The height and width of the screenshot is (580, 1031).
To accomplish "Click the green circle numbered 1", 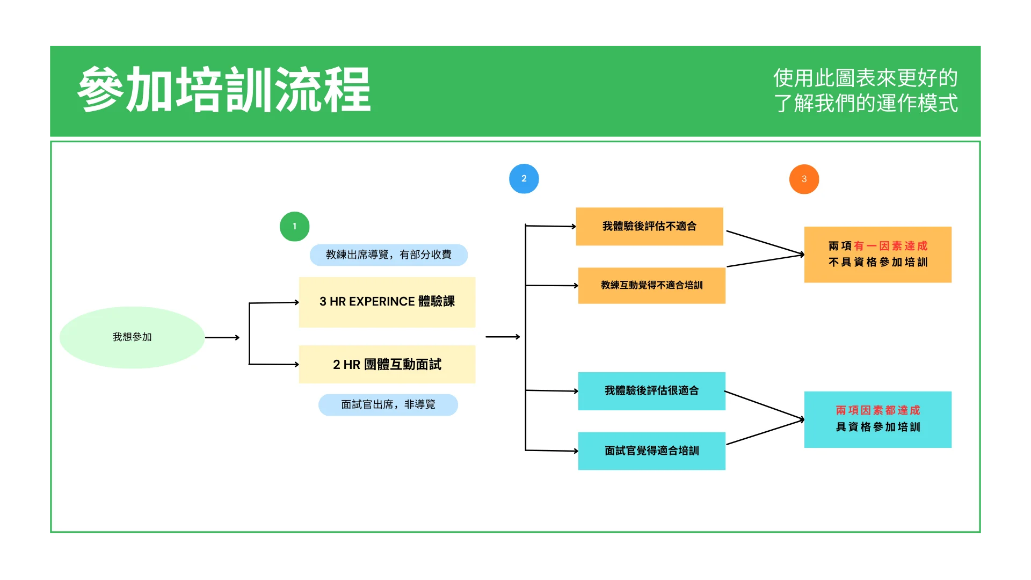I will (x=294, y=227).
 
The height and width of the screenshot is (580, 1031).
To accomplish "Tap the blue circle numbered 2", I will (x=524, y=179).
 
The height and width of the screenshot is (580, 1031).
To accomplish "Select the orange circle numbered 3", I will (x=804, y=179).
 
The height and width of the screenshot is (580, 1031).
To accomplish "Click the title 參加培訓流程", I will (x=224, y=90).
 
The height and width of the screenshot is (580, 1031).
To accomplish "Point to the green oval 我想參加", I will (x=132, y=337).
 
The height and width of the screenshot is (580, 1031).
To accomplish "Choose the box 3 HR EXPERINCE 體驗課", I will (x=387, y=302).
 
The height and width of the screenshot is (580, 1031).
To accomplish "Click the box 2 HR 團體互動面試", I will (x=387, y=365).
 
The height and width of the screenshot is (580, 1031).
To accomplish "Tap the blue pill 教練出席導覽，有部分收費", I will (x=388, y=255).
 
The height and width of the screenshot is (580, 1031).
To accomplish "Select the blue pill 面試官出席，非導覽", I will (x=388, y=405).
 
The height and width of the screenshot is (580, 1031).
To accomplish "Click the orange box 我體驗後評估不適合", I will (x=649, y=227).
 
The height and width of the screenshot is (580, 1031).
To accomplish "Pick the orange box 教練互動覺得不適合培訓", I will (x=651, y=286).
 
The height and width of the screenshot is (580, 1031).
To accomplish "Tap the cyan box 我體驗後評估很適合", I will (x=651, y=391).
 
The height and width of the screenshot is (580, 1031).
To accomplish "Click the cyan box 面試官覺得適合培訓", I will (x=651, y=451).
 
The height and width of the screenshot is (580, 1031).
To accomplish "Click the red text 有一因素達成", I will (x=890, y=246).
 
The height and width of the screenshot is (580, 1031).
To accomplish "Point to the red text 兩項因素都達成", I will (x=877, y=410).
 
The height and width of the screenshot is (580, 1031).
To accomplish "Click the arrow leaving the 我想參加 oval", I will (x=222, y=338).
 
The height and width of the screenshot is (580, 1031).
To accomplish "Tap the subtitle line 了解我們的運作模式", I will (x=866, y=104).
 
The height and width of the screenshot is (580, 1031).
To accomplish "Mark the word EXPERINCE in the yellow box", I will (x=382, y=302).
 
